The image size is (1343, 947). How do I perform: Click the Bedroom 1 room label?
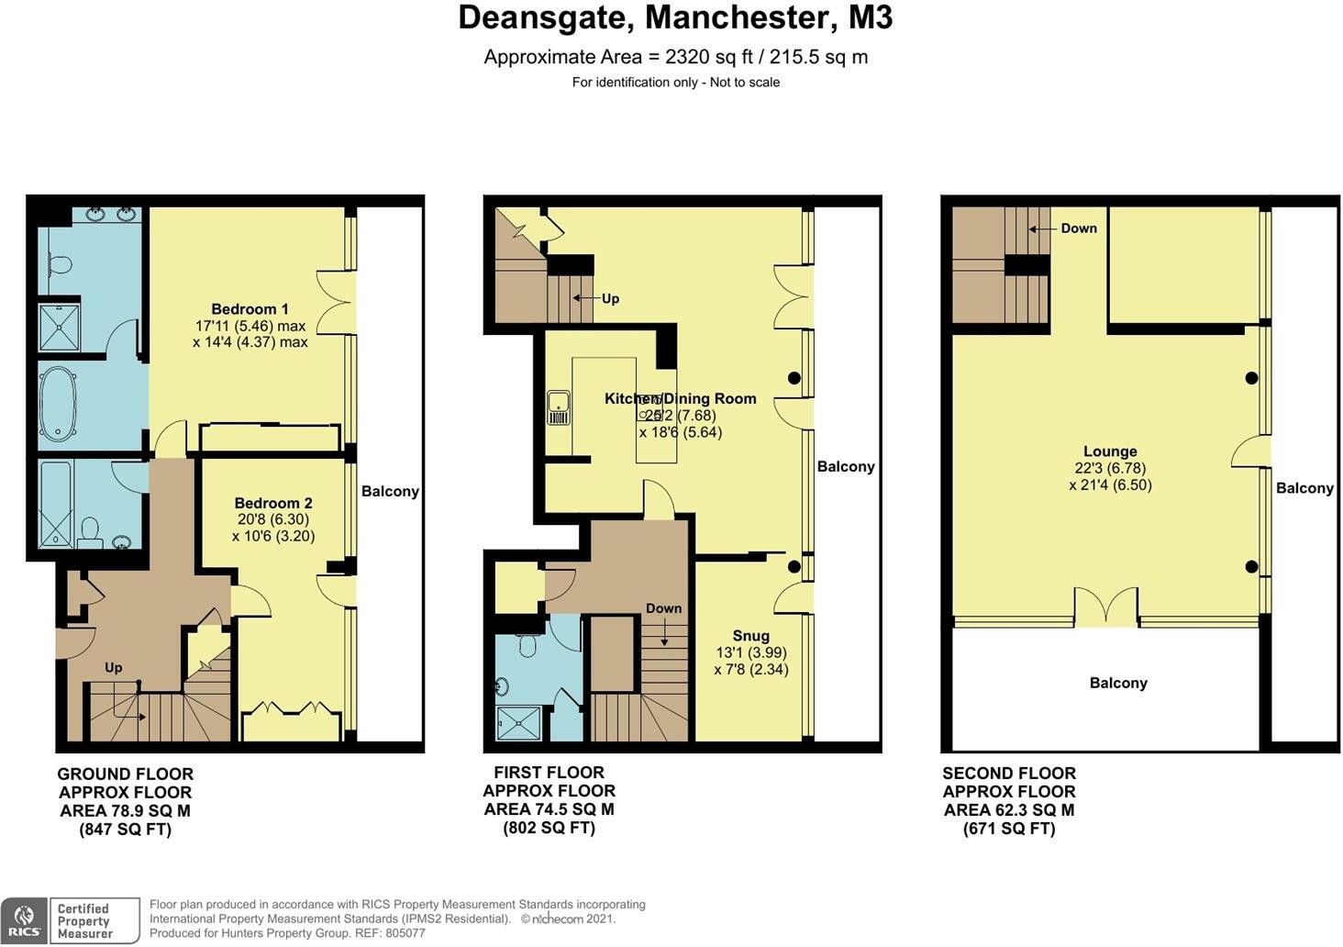250,309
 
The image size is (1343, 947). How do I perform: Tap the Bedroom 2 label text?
273,503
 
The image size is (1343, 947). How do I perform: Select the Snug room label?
750,636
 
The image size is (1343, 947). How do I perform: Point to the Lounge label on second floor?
1110,451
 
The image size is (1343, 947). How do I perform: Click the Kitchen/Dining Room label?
680,398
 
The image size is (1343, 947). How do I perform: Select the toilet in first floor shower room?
527,645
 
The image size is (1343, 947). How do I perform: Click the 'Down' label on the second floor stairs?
1079,228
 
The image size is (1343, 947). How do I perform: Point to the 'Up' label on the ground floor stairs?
113,667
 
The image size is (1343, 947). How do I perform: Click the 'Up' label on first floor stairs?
610,298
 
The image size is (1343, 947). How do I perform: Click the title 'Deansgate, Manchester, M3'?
675,18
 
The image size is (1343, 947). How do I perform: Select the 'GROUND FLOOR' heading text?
125,774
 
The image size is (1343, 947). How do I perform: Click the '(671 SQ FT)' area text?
1008,829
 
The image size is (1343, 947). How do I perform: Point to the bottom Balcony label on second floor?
1118,683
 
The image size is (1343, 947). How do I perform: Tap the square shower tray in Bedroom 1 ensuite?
60,328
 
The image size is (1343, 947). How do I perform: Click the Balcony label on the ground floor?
390,491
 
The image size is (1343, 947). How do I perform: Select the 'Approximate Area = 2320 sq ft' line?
675,57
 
